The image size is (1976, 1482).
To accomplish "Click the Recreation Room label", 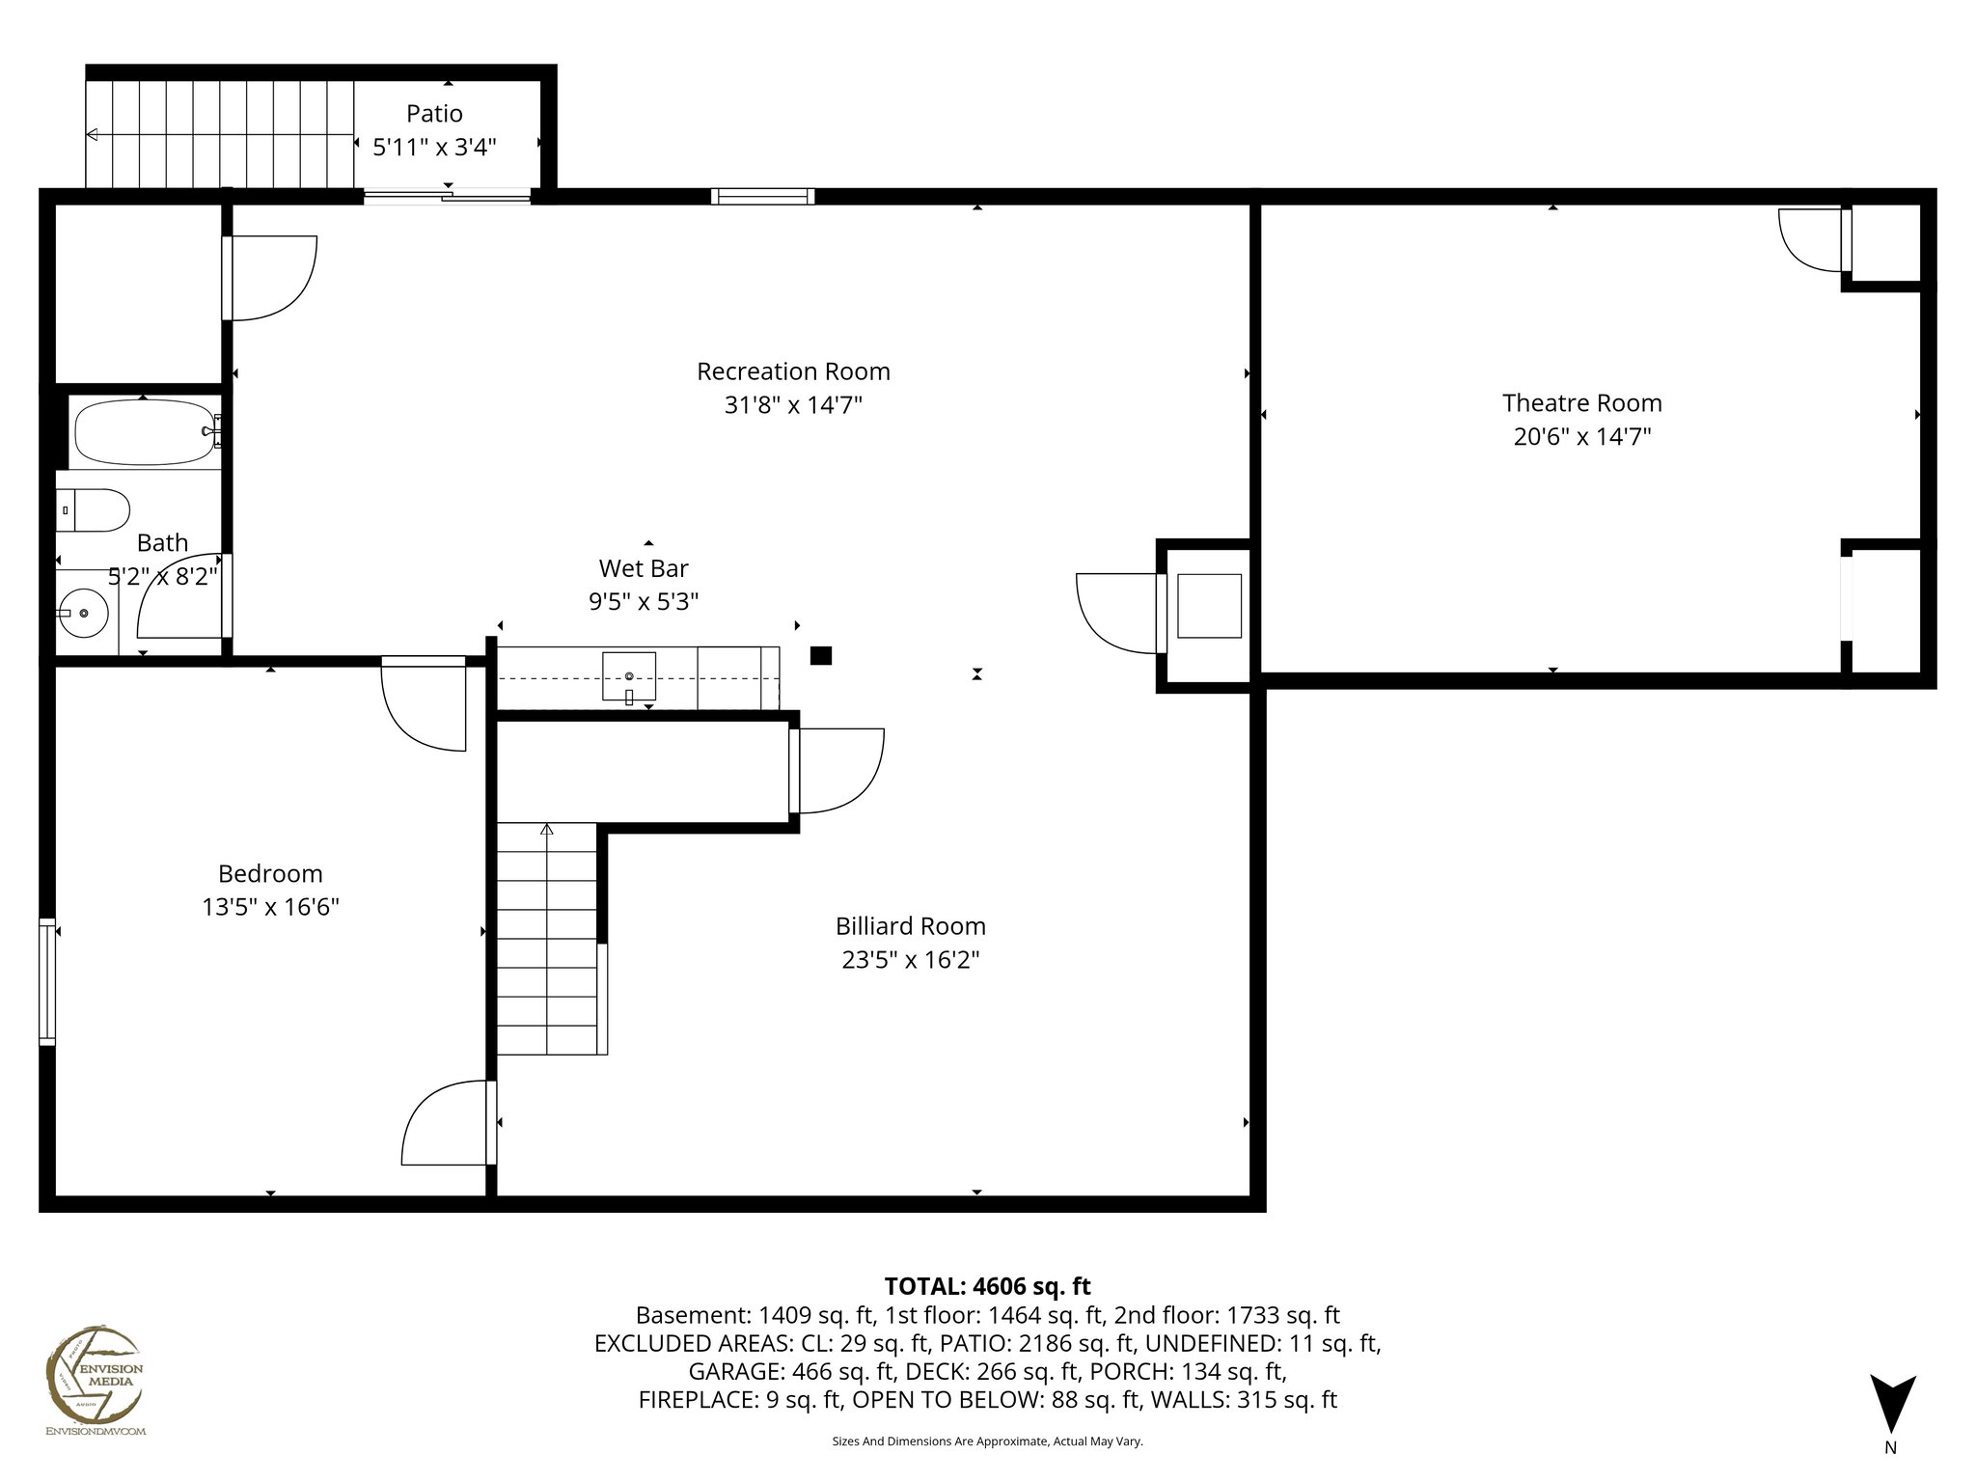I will pyautogui.click(x=793, y=371).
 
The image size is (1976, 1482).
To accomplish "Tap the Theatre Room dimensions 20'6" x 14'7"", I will pyautogui.click(x=1581, y=437).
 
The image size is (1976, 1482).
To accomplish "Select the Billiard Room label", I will pyautogui.click(x=910, y=926).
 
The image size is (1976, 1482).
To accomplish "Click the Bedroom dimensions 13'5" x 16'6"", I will pyautogui.click(x=270, y=907).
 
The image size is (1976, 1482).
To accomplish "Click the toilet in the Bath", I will pyautogui.click(x=94, y=510).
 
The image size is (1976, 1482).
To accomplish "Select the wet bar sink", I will pyautogui.click(x=629, y=676).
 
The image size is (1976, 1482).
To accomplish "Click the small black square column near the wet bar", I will pyautogui.click(x=820, y=656).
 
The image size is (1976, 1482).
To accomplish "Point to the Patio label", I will pyautogui.click(x=434, y=114).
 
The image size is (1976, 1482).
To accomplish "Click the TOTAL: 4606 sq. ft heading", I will pyautogui.click(x=987, y=1286).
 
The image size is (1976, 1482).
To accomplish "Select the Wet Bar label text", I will pyautogui.click(x=644, y=568).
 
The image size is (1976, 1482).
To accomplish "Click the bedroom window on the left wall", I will pyautogui.click(x=47, y=982).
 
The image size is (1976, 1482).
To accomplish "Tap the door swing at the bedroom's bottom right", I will pyautogui.click(x=446, y=1123).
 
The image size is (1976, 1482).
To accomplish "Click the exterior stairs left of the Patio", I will pyautogui.click(x=220, y=134).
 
